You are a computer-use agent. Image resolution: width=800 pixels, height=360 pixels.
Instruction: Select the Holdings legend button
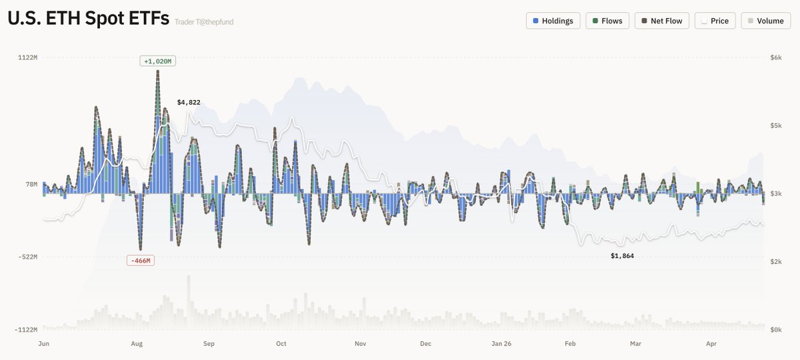point(553,21)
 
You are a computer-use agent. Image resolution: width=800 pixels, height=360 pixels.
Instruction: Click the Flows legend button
point(607,21)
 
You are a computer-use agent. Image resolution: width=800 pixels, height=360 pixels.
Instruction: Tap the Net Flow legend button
point(661,21)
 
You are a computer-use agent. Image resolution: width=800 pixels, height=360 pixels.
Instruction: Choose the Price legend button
point(715,21)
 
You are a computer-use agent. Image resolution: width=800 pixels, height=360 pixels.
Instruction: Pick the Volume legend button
point(765,21)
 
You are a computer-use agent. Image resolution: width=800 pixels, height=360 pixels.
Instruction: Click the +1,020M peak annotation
point(158,61)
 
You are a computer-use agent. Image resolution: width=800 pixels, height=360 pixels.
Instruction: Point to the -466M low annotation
point(141,261)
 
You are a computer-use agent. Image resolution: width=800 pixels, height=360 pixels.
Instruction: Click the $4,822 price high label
point(189,102)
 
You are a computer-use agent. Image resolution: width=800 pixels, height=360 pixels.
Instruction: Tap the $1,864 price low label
point(623,256)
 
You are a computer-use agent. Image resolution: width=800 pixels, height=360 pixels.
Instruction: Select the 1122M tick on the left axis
point(27,58)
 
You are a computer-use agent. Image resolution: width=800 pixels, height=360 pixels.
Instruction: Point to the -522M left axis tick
point(27,257)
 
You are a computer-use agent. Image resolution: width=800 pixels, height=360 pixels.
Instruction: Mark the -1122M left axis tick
point(26,330)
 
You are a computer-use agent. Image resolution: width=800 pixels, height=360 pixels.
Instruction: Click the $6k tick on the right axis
point(775,58)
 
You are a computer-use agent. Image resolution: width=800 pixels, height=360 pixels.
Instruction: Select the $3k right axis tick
point(775,194)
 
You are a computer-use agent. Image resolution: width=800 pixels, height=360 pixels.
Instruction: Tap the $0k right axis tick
point(775,330)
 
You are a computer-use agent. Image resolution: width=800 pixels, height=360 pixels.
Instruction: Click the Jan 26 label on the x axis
point(501,344)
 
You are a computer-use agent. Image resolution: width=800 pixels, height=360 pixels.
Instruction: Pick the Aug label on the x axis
point(137,344)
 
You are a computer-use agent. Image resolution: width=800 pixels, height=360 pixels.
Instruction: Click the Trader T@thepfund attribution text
point(204,22)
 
